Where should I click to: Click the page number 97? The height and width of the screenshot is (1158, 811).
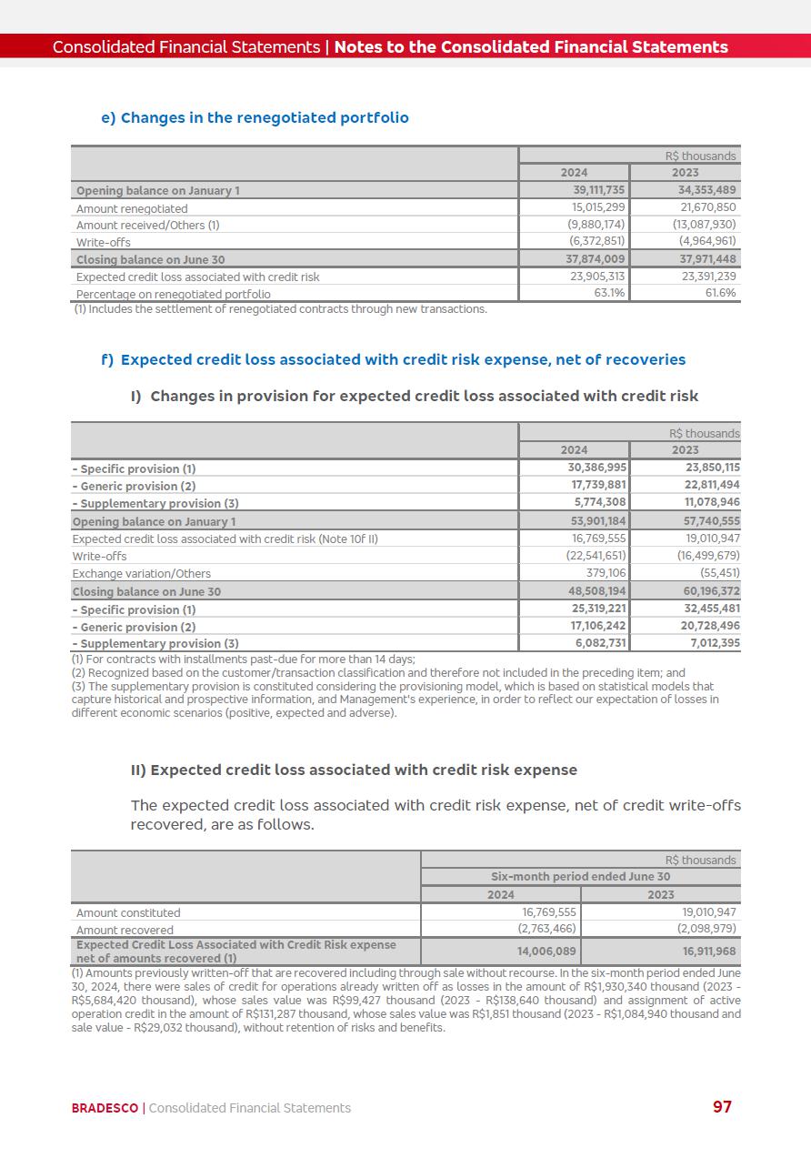point(722,1106)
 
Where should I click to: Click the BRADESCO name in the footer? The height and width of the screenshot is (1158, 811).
point(105,1108)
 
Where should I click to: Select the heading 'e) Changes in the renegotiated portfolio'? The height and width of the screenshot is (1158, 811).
point(255,117)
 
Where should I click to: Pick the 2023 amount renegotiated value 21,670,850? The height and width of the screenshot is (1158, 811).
point(705,208)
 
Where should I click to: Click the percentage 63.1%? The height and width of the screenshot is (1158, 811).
point(608,294)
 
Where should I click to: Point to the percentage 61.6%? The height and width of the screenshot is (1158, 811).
point(720,294)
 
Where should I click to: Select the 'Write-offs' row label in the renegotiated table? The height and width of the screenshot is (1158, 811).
point(103,243)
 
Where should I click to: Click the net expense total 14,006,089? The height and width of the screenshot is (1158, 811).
point(546,951)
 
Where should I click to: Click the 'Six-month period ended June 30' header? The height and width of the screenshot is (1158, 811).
point(580,877)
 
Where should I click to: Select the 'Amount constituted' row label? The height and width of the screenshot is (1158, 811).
point(128,913)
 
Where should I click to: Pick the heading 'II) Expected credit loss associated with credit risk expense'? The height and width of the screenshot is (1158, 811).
point(354,770)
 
